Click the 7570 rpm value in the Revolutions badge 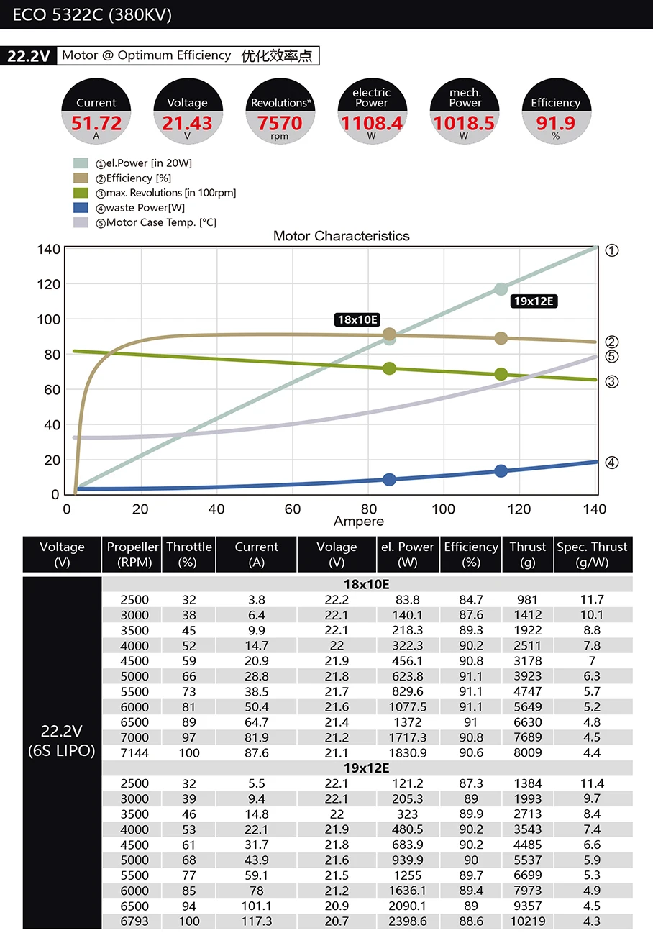click(x=280, y=123)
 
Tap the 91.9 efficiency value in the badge click(x=555, y=123)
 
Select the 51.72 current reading click(x=96, y=123)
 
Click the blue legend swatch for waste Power click(x=81, y=207)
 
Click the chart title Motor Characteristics click(x=341, y=236)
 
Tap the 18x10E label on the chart click(x=357, y=319)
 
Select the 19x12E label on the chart click(x=534, y=301)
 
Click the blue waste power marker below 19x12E click(x=501, y=471)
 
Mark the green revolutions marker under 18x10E click(x=389, y=368)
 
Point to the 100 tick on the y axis click(x=49, y=319)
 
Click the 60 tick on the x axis click(x=293, y=509)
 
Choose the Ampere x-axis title click(x=359, y=521)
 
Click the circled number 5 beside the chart click(x=611, y=357)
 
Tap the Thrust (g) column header click(x=528, y=555)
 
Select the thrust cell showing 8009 click(x=528, y=752)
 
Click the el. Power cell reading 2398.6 click(x=408, y=921)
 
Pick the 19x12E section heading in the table click(x=367, y=768)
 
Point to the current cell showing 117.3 click(x=257, y=921)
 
